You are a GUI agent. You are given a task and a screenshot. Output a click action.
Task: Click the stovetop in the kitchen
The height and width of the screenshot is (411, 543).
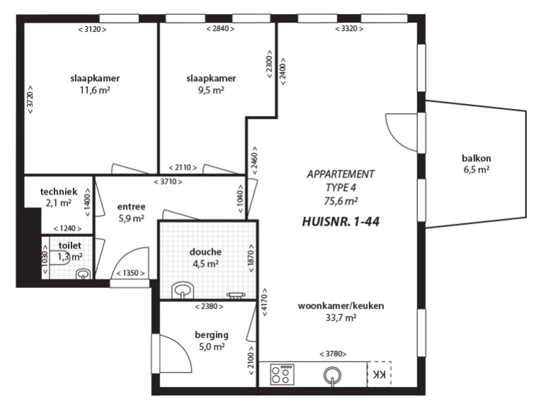(282, 374)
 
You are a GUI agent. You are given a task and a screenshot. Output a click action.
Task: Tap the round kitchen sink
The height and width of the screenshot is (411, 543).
(332, 375)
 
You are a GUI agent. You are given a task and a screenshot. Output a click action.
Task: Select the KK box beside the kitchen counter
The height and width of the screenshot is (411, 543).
(379, 374)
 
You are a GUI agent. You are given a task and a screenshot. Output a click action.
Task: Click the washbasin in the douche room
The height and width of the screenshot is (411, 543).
(182, 291)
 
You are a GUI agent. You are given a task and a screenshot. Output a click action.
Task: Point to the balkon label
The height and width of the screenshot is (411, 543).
(476, 158)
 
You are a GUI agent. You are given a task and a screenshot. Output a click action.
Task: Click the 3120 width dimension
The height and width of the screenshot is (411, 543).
(93, 30)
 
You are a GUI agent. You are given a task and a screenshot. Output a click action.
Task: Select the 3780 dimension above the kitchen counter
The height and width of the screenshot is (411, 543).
(333, 354)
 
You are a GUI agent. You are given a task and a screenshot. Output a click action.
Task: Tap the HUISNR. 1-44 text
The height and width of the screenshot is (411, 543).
(341, 221)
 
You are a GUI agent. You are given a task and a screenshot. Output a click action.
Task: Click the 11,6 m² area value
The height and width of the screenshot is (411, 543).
(95, 91)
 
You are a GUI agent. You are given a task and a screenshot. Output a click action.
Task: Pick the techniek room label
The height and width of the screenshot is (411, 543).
(59, 192)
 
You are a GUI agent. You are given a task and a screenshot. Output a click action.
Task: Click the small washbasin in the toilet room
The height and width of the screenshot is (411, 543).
(83, 274)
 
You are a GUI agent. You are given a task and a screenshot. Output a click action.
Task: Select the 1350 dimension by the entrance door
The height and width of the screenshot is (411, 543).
(131, 273)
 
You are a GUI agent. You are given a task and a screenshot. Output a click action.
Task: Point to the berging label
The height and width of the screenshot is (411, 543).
(211, 335)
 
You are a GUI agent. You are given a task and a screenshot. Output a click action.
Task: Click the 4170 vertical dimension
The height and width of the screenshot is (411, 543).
(264, 302)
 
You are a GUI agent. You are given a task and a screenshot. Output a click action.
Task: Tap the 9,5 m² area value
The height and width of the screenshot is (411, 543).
(211, 91)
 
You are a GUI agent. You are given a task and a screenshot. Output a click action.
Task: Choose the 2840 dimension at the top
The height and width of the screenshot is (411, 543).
(221, 29)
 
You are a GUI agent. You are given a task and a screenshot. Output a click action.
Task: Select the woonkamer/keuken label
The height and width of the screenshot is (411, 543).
(341, 306)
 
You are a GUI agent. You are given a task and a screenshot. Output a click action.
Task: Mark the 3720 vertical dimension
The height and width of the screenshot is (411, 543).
(30, 100)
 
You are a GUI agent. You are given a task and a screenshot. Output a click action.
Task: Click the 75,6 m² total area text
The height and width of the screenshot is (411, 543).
(341, 201)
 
